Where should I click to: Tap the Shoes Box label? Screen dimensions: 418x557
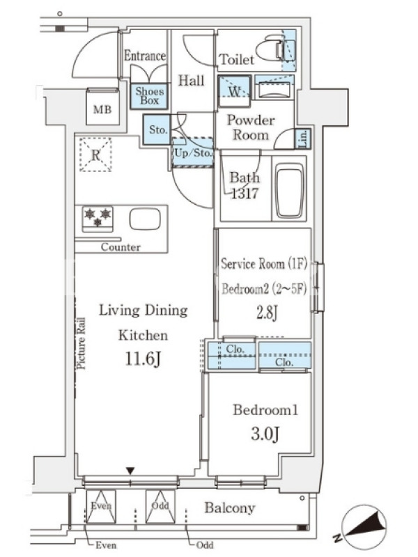pos(150,96)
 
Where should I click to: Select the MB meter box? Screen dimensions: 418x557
pos(102,107)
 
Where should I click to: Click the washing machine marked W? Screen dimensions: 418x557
pos(234,91)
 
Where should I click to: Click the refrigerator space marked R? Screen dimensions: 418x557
pos(95,155)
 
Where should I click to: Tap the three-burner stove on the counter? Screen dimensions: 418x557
pos(98,218)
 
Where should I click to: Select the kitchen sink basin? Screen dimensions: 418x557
pos(145,219)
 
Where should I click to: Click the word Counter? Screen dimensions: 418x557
pos(121,247)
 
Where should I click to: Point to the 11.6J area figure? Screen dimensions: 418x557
pos(143,359)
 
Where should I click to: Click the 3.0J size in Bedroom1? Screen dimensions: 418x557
pos(265,434)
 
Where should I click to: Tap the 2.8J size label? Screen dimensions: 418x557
pos(267,313)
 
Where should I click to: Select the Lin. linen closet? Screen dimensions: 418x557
pos(303,139)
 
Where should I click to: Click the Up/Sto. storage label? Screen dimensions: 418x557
pos(193,153)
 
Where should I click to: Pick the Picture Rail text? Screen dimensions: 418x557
pos(82,343)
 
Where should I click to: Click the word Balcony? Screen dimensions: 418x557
pos(230,508)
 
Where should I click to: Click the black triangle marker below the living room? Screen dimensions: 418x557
pos(130,471)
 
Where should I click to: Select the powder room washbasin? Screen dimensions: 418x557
pos(273,90)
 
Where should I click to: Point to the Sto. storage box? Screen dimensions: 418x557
pos(157,130)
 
